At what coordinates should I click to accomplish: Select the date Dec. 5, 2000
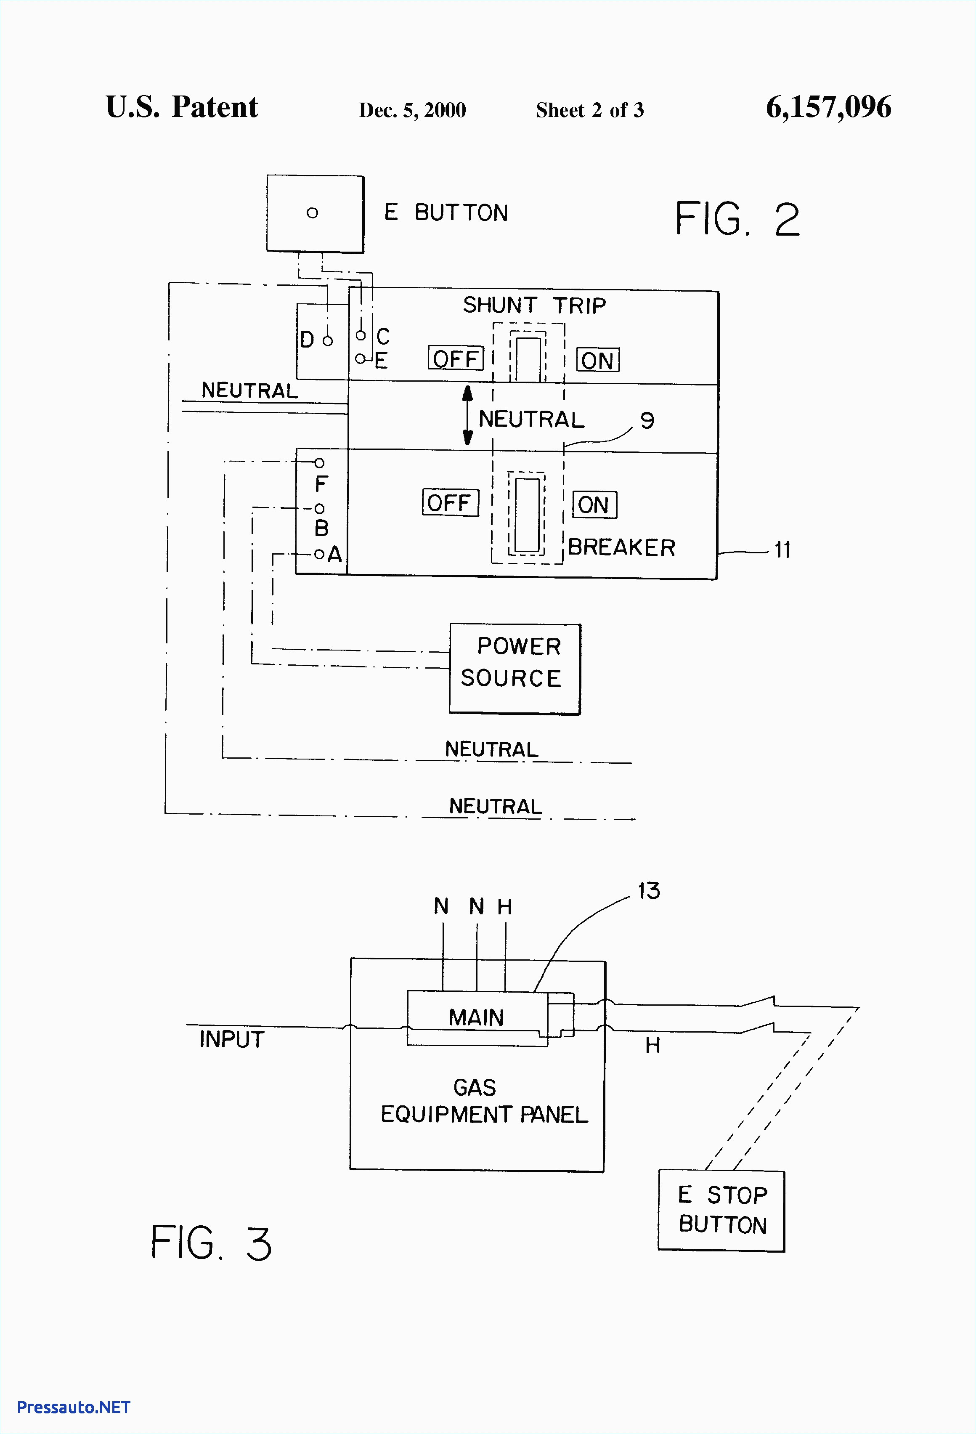(x=412, y=110)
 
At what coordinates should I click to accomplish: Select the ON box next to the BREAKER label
(x=594, y=505)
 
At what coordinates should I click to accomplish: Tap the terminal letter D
(x=307, y=340)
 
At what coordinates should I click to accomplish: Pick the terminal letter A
(x=335, y=554)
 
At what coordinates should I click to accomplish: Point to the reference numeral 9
(x=647, y=421)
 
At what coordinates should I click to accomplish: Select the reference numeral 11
(x=782, y=550)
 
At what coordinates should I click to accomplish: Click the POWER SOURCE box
(x=515, y=669)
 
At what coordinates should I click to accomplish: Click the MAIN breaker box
(x=476, y=1017)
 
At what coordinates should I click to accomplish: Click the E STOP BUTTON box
(x=721, y=1211)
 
